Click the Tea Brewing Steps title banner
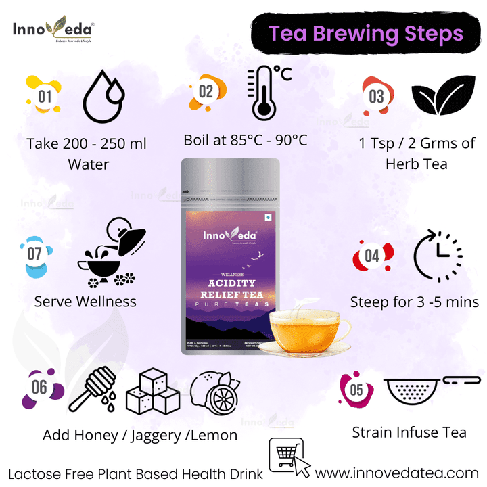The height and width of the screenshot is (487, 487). pyautogui.click(x=366, y=34)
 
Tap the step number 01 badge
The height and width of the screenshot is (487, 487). pyautogui.click(x=43, y=96)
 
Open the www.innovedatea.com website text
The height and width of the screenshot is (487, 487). pyautogui.click(x=397, y=473)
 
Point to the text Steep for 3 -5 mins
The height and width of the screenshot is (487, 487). pyautogui.click(x=414, y=302)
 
